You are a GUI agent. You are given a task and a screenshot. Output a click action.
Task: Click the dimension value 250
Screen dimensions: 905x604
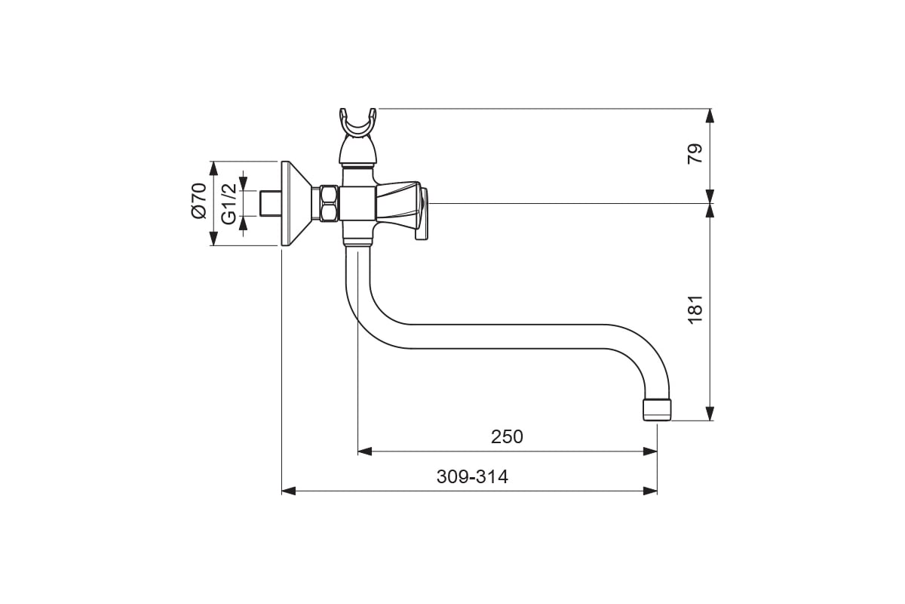[507, 436]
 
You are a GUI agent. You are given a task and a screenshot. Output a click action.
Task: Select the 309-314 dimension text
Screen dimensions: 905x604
[472, 476]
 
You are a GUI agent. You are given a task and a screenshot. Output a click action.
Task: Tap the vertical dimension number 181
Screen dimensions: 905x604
[695, 310]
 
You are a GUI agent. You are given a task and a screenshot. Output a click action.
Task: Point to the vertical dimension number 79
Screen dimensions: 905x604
[695, 154]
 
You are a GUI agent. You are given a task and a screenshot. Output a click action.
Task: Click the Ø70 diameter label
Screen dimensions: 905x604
[198, 201]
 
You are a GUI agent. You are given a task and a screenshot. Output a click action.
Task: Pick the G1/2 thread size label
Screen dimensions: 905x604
[229, 204]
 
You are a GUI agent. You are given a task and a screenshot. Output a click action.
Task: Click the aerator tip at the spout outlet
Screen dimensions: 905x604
[657, 410]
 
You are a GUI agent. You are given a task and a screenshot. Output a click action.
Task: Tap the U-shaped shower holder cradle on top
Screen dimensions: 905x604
[358, 122]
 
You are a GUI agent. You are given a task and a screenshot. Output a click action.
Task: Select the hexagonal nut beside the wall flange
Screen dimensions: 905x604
[330, 204]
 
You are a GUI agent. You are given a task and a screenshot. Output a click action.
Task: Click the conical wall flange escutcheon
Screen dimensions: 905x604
[296, 204]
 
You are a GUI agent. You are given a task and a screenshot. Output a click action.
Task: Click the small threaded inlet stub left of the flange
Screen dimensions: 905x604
[271, 204]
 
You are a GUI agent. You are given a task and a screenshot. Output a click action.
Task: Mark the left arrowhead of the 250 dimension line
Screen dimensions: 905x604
[365, 451]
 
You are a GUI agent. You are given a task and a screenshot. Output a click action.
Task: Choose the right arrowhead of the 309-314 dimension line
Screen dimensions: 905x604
[650, 492]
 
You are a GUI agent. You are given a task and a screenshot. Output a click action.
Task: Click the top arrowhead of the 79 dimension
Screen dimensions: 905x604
[710, 116]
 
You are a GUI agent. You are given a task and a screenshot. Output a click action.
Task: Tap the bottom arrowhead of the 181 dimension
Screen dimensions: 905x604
[710, 414]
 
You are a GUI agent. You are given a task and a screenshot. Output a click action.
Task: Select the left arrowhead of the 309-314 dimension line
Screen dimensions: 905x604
[288, 492]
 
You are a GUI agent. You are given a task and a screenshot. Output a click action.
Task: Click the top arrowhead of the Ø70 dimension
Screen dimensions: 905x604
[213, 168]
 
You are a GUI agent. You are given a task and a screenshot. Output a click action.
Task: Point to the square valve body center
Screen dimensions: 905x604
[357, 204]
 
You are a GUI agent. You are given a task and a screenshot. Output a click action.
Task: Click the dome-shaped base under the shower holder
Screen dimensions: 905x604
[358, 150]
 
